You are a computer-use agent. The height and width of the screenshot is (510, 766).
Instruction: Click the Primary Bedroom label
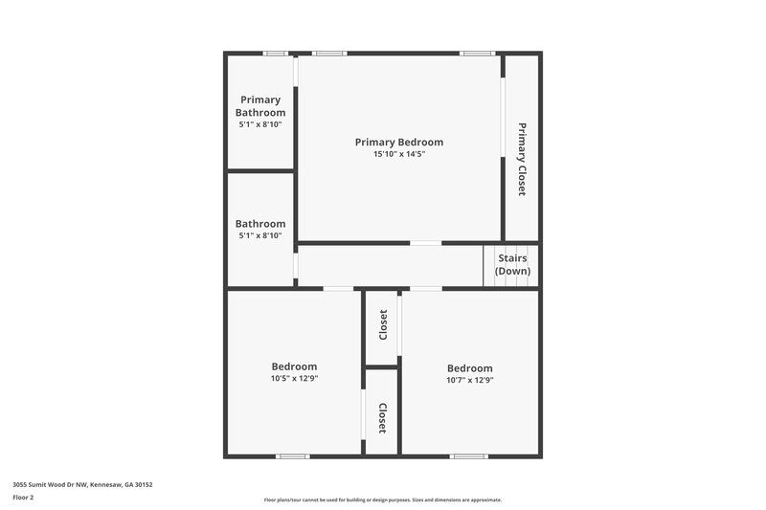click(400, 142)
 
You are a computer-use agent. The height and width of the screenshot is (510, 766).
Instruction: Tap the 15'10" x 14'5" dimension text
click(400, 154)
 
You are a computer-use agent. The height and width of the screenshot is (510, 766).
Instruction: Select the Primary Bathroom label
click(260, 106)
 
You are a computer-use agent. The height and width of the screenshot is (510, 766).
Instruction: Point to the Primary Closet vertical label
click(522, 159)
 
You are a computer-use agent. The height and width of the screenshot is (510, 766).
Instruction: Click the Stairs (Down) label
click(512, 264)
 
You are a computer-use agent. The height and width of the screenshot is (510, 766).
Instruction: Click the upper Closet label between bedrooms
click(383, 325)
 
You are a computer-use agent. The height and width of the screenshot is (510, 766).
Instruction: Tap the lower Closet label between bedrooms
click(383, 417)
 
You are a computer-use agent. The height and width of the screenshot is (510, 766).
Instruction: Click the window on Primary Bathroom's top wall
click(276, 53)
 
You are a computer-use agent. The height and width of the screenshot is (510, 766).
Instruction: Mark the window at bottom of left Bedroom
click(292, 456)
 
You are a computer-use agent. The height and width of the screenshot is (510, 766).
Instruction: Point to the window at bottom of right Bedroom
click(469, 456)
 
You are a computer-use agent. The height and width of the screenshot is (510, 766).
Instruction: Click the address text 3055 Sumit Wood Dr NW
click(82, 484)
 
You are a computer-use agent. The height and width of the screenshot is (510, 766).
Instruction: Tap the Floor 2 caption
click(23, 498)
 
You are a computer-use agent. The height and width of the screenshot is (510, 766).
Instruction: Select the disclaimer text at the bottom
click(382, 499)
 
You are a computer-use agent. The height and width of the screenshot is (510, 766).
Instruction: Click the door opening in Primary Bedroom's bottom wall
click(425, 243)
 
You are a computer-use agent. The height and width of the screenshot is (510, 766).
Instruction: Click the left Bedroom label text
click(294, 366)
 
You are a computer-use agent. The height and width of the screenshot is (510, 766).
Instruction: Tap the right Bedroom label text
click(469, 368)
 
